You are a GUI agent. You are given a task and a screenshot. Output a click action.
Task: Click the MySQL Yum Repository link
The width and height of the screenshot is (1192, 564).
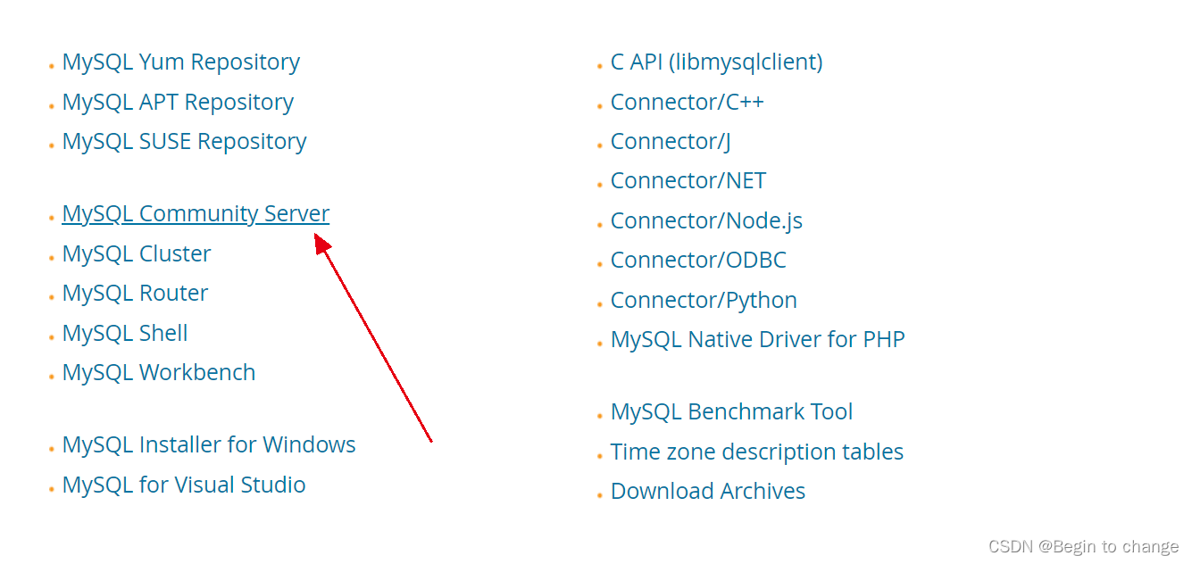180,62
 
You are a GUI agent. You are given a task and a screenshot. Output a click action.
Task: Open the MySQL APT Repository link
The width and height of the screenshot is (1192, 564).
178,103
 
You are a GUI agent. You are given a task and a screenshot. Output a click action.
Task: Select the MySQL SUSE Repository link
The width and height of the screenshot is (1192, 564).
184,142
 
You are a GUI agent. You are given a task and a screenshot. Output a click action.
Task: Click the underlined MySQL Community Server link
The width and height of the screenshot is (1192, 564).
196,214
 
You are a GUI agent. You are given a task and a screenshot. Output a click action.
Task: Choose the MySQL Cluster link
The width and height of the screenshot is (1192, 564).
137,254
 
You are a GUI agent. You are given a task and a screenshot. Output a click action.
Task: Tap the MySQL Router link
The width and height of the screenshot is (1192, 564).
135,294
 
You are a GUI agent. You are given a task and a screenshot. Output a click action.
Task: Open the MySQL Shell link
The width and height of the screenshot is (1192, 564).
125,334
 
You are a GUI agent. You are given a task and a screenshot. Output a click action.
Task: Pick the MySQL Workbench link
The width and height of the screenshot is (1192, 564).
159,373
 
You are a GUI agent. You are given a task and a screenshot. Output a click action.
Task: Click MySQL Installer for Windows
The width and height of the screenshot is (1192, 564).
209,445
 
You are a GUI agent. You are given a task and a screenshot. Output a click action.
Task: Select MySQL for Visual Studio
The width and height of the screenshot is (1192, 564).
184,485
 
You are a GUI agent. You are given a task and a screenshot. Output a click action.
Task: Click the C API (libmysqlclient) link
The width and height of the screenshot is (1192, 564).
716,62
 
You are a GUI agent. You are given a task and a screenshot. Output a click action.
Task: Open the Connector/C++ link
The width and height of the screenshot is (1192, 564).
687,103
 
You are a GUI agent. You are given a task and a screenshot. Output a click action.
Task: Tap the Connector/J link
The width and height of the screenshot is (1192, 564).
671,142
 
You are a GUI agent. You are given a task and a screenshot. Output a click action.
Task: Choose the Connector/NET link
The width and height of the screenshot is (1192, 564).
688,181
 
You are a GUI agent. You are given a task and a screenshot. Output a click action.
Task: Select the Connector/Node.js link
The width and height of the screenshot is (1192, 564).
706,221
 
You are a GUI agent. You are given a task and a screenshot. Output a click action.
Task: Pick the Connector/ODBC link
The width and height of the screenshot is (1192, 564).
698,261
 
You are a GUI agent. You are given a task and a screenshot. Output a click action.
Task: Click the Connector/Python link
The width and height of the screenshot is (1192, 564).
704,301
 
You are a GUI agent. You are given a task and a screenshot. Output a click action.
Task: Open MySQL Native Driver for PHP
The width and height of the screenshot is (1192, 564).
757,340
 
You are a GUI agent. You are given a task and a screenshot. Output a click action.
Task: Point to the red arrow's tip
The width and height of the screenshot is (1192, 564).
316,236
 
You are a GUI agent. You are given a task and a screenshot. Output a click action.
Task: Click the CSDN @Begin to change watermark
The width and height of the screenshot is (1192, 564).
1084,546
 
